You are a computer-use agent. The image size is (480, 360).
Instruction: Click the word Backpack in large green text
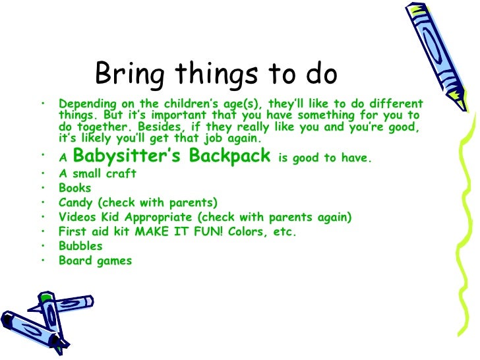(x=230, y=156)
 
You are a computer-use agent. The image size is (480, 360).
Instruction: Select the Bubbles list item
(x=80, y=246)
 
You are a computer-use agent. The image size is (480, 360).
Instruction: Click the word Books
(x=75, y=188)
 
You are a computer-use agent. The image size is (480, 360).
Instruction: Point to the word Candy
(x=76, y=202)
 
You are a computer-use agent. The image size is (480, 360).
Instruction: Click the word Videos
(x=78, y=217)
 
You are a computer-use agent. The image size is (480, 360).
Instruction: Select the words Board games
(x=95, y=260)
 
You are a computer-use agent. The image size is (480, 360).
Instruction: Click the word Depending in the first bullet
(x=87, y=105)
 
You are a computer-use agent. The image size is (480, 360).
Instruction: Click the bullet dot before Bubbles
(x=42, y=245)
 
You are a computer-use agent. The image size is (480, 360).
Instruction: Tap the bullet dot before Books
(x=42, y=187)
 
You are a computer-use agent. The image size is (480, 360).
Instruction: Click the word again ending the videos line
(x=336, y=217)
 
